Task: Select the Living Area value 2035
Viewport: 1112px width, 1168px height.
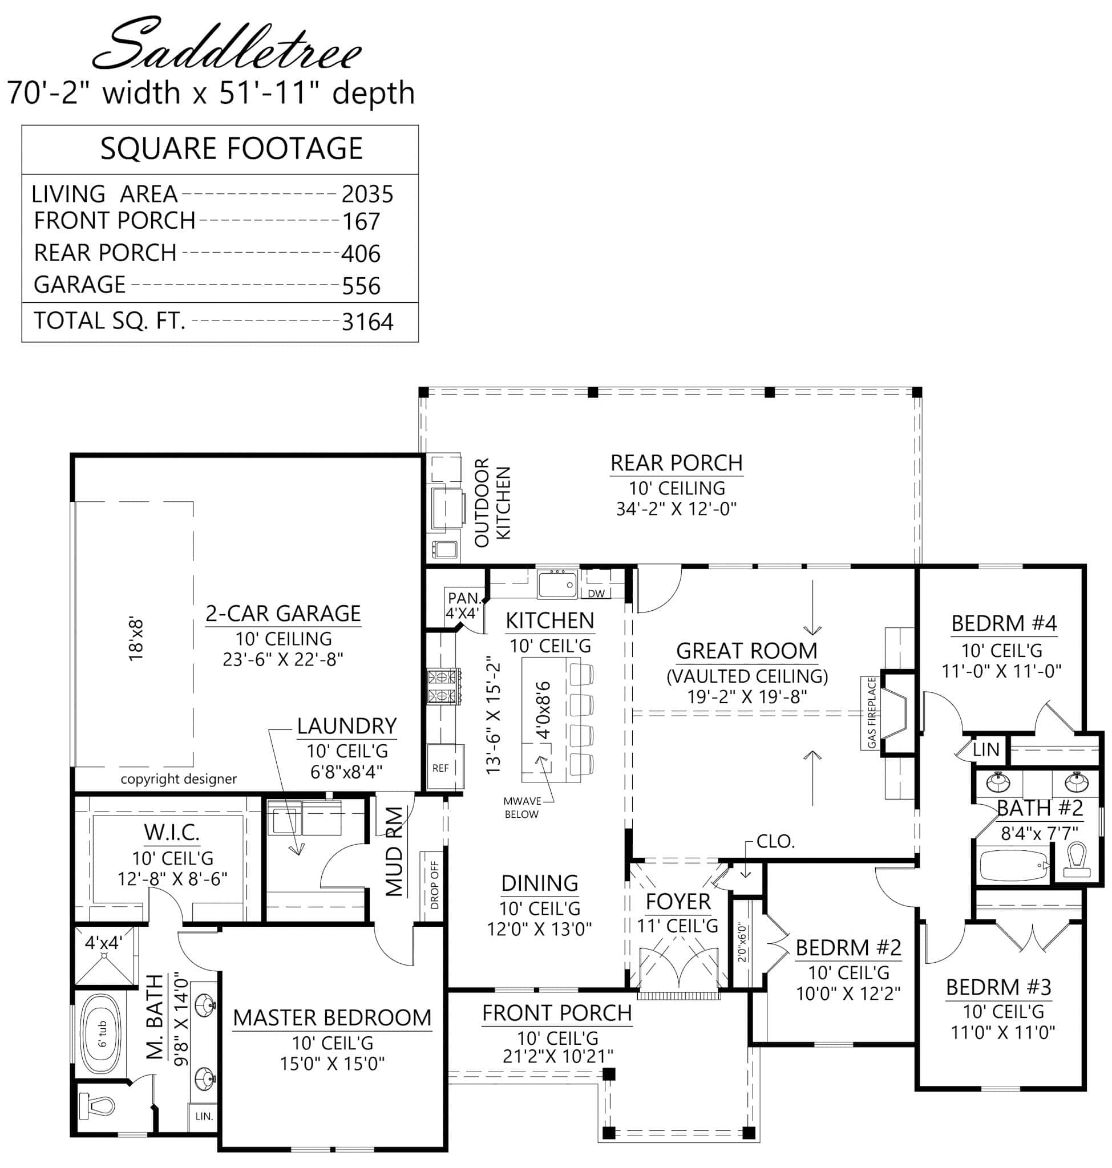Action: pyautogui.click(x=367, y=194)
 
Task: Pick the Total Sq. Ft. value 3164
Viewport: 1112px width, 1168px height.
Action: pyautogui.click(x=367, y=322)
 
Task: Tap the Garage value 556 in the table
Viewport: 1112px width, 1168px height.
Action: pyautogui.click(x=361, y=286)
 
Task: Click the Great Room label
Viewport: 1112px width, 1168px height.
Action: pyautogui.click(x=746, y=651)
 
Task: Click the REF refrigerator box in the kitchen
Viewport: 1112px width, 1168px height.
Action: pyautogui.click(x=440, y=768)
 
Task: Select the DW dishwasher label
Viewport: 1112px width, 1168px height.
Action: pyautogui.click(x=596, y=593)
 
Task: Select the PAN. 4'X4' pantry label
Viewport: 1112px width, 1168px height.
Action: pyautogui.click(x=463, y=605)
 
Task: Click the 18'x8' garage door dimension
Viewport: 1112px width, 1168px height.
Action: pyautogui.click(x=136, y=639)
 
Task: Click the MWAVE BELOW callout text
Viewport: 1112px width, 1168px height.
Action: pyautogui.click(x=521, y=808)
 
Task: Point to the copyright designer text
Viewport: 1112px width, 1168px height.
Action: pyautogui.click(x=179, y=779)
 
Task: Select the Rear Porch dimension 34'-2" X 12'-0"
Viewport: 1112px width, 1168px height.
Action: pyautogui.click(x=676, y=509)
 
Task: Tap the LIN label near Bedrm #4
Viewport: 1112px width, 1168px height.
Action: pyautogui.click(x=986, y=749)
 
